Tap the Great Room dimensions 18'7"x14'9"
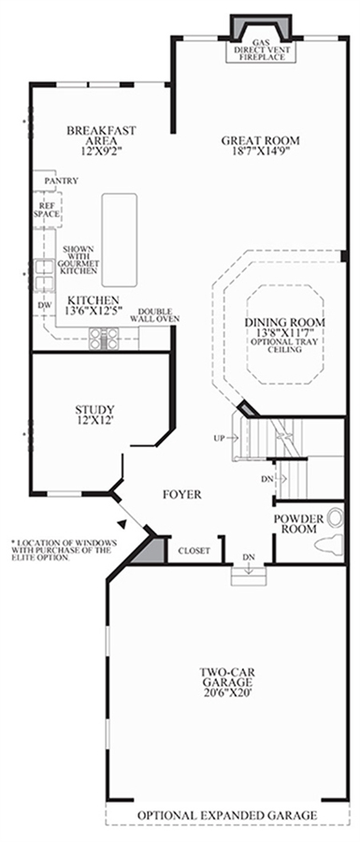pyautogui.click(x=260, y=151)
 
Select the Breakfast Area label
pyautogui.click(x=101, y=136)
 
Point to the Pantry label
pyautogui.click(x=61, y=181)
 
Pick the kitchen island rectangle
pyautogui.click(x=119, y=240)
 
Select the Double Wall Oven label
pyautogui.click(x=154, y=314)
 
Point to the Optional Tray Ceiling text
pyautogui.click(x=284, y=345)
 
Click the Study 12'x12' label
pyautogui.click(x=94, y=414)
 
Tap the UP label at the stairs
pyautogui.click(x=219, y=438)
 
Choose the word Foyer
pyautogui.click(x=182, y=494)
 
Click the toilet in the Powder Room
pyautogui.click(x=329, y=544)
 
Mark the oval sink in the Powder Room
pyautogui.click(x=336, y=517)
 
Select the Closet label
pyautogui.click(x=194, y=550)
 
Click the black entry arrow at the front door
pyautogui.click(x=122, y=522)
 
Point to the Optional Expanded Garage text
pyautogui.click(x=227, y=815)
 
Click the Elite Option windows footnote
pyautogui.click(x=62, y=549)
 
